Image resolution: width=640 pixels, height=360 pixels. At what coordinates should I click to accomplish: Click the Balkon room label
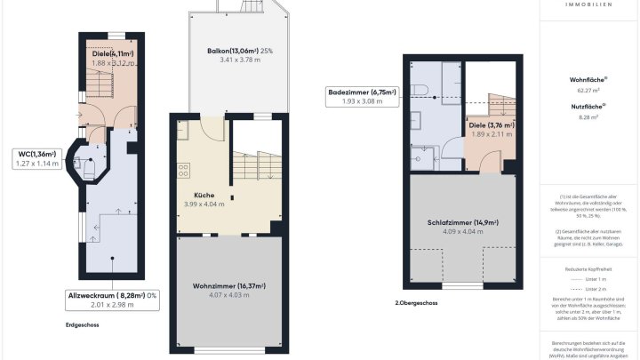point(236,51)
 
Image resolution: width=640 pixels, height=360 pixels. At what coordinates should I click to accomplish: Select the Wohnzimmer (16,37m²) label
point(229,285)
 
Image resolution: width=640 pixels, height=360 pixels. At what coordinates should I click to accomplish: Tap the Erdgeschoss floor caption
point(83,324)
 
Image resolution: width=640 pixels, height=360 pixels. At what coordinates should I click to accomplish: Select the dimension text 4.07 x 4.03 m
point(229,296)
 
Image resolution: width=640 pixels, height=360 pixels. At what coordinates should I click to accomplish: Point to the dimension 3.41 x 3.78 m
point(236,61)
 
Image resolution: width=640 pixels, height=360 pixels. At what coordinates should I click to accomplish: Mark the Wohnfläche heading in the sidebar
point(588,79)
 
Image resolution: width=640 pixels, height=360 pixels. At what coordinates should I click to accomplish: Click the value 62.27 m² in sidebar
point(588,90)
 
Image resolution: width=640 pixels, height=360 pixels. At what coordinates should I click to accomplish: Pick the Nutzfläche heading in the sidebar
point(588,107)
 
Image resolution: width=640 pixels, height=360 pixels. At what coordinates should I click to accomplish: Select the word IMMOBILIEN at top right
point(588,4)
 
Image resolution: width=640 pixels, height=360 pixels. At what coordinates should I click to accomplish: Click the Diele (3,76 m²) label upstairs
point(492,125)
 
